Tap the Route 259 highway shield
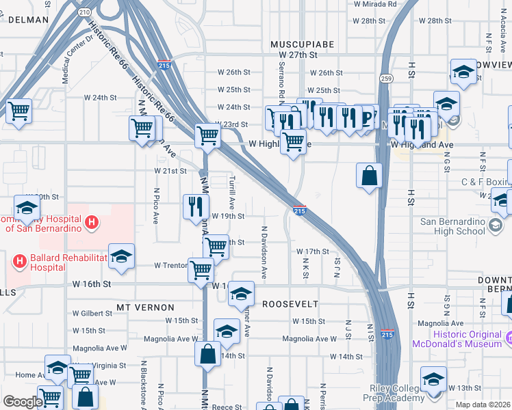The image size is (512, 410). (x=386, y=69)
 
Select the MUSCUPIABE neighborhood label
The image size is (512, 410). (x=302, y=44)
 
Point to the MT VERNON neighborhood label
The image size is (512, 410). (x=145, y=307)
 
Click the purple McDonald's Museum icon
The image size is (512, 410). (x=509, y=338)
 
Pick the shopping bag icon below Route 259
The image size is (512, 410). (x=369, y=175)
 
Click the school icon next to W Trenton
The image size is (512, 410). (x=121, y=256)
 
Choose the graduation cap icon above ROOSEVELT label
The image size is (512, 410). (x=240, y=293)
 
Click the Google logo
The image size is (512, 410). (x=23, y=401)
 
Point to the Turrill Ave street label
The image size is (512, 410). (x=233, y=191)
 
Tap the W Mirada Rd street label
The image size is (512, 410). (x=374, y=4)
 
